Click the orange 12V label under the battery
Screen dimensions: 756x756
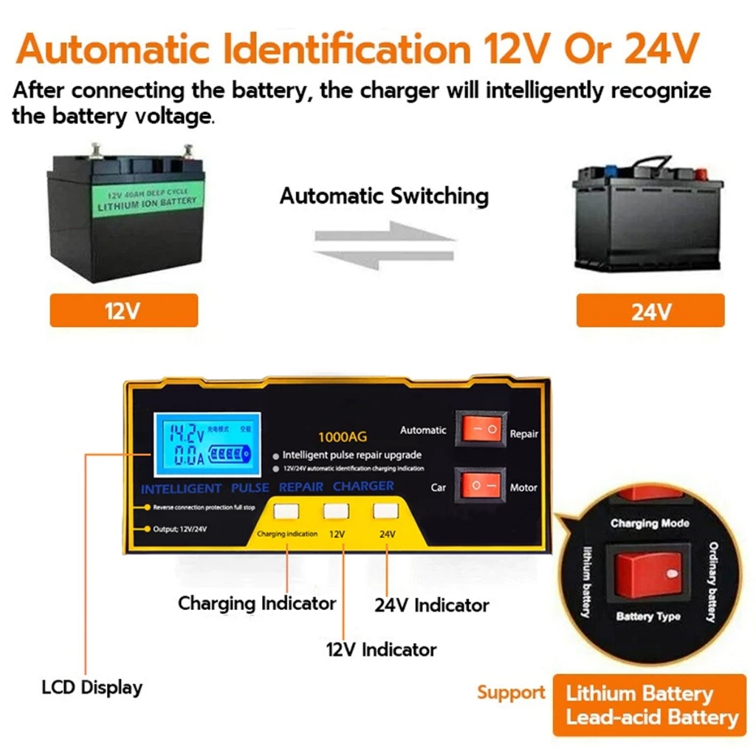pos(123,311)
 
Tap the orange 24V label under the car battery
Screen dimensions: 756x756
pos(650,311)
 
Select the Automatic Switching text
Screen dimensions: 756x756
pos(384,196)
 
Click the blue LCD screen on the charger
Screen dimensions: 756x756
pos(207,444)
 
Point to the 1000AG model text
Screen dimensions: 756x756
pos(342,436)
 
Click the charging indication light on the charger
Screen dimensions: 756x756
pos(286,510)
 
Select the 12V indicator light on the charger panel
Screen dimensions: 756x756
pos(337,510)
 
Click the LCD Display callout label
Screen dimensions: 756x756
pos(92,687)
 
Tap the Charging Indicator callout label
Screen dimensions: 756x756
pos(256,603)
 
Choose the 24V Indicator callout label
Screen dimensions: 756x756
pos(431,605)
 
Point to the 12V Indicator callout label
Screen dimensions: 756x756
pos(381,650)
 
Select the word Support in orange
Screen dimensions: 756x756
pos(511,693)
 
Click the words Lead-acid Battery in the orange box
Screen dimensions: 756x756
pos(652,717)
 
